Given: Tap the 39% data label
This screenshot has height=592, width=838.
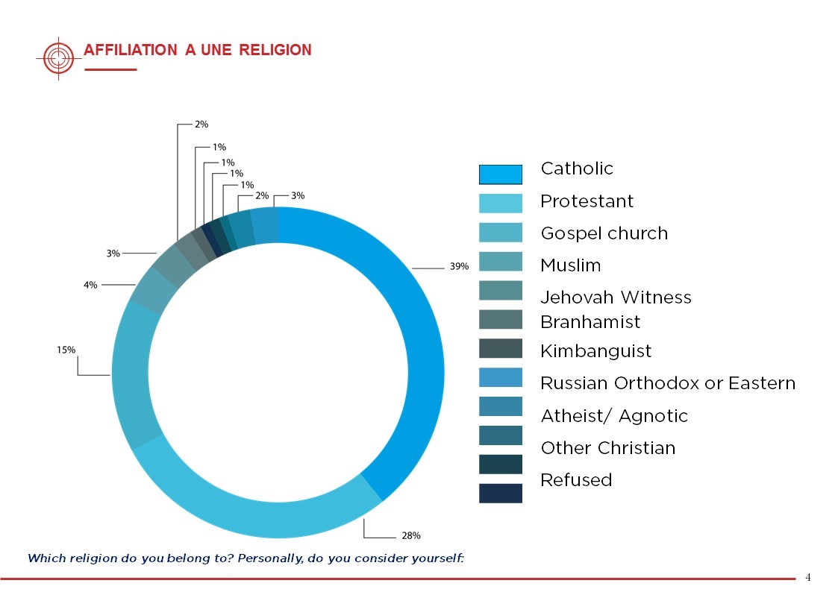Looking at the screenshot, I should point(459,266).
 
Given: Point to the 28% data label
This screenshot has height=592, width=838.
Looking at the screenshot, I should point(411,535).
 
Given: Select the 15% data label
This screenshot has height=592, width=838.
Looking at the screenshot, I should point(66,349).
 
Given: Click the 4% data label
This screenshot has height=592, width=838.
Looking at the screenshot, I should point(90,284).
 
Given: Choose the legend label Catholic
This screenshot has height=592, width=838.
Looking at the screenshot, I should point(577,169).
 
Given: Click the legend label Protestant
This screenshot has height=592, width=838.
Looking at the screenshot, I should point(587,201).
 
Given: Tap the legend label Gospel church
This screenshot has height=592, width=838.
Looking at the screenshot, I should point(604,233).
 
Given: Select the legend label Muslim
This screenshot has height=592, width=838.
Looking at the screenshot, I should point(570,265).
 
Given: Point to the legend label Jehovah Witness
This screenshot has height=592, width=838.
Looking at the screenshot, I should point(616,297).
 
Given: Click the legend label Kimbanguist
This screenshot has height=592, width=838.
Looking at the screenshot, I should point(595,351).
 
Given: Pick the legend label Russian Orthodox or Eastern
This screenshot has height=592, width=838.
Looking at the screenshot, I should point(667,383).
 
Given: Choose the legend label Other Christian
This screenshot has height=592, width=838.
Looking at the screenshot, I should point(607,448).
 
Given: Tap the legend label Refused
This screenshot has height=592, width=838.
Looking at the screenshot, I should point(575,480).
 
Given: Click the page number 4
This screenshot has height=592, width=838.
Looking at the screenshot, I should point(807,577).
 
